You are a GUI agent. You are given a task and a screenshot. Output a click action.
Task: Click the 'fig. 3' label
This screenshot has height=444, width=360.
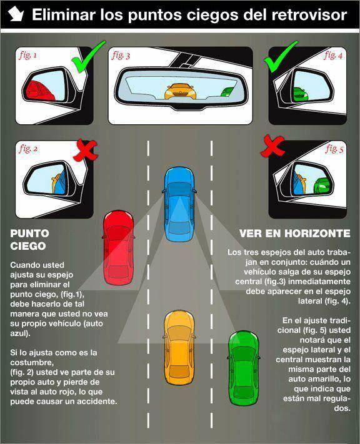tap(121, 56)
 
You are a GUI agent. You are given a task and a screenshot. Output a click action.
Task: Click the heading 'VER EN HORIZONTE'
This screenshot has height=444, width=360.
tap(294, 233)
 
